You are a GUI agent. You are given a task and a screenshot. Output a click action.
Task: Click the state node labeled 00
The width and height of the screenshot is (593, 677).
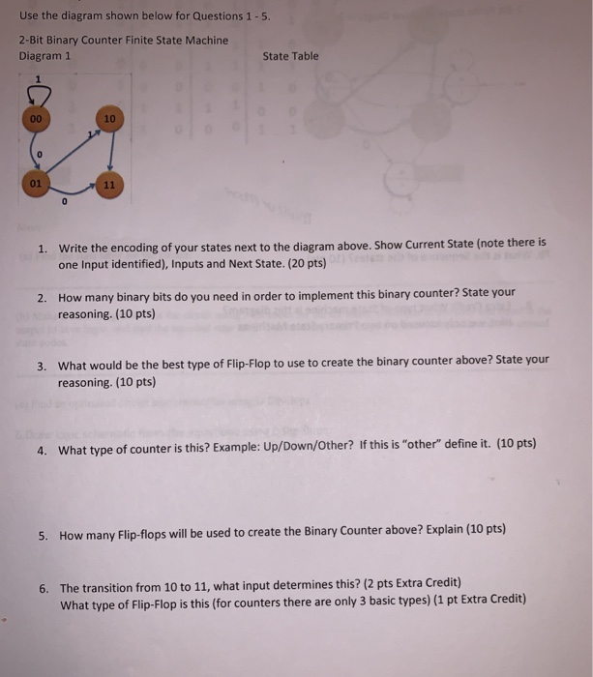point(35,119)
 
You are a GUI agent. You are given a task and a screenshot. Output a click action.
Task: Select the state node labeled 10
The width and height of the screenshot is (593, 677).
point(108,119)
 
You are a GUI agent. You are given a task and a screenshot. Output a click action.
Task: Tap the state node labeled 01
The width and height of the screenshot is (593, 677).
point(35,183)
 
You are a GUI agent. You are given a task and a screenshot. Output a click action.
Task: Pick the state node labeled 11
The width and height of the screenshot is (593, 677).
point(108,183)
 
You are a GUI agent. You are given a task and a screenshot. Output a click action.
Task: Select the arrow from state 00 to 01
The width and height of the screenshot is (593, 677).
point(35,151)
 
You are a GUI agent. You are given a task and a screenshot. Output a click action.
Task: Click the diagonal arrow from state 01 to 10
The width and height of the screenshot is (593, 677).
point(72,151)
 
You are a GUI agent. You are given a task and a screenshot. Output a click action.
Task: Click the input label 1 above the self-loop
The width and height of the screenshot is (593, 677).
point(40,78)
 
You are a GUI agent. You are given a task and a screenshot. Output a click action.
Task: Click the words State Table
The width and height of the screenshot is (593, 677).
point(290,56)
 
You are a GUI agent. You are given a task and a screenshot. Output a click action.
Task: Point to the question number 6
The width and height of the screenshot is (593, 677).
point(44,587)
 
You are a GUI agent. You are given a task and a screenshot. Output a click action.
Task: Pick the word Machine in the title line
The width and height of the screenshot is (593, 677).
point(205,41)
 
